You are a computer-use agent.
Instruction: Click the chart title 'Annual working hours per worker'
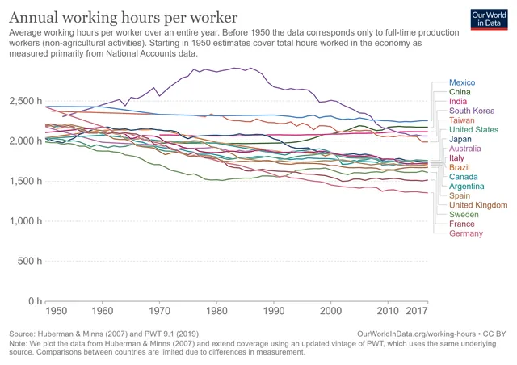124,16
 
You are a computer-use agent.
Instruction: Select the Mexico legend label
462,83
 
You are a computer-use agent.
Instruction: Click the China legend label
460,93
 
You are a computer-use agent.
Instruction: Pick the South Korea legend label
471,111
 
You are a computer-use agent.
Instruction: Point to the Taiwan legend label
462,120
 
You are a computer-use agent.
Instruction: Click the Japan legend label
460,139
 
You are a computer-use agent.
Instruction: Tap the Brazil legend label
460,167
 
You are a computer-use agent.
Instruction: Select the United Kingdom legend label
477,205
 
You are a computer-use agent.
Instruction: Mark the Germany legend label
465,233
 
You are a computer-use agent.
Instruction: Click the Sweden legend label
464,215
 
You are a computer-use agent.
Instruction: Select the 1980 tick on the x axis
216,310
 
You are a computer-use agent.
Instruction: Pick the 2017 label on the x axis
417,310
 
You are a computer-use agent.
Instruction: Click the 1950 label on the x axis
56,310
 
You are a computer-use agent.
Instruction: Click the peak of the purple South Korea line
234,68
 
